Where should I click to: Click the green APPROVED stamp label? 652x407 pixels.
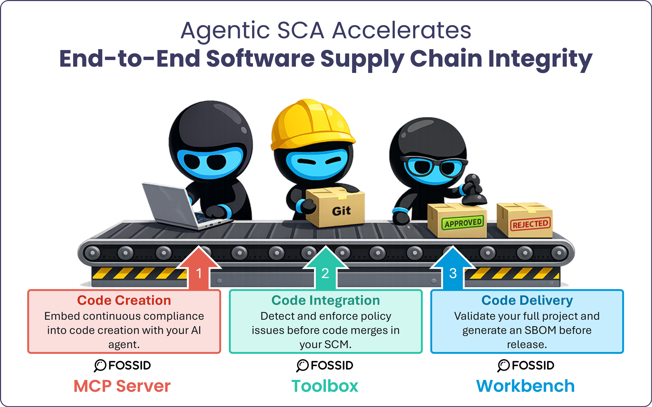tap(463, 223)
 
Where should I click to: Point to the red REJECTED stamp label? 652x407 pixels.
tap(530, 224)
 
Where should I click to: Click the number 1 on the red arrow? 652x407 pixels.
tap(199, 274)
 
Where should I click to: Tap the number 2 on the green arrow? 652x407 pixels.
tap(325, 274)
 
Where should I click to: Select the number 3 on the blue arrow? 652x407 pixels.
tap(453, 274)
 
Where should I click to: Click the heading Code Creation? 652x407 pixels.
tap(124, 300)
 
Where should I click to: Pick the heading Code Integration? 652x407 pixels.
tap(325, 300)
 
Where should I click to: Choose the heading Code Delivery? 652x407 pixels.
tap(527, 300)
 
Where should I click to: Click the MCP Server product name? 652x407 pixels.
tap(122, 386)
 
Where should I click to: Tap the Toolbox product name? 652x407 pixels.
tap(325, 386)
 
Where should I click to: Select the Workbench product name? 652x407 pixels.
tap(525, 386)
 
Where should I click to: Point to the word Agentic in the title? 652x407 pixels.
tap(225, 30)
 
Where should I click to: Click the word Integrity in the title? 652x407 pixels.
tap(540, 59)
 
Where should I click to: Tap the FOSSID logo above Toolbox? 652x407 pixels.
tap(325, 365)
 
